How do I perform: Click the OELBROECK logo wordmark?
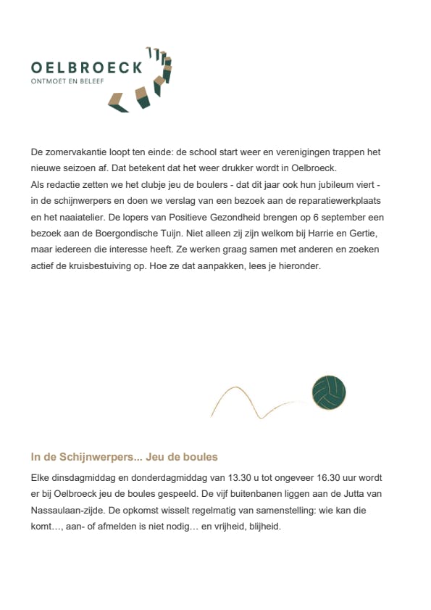click(x=87, y=67)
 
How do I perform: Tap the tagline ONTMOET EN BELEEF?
click(x=67, y=81)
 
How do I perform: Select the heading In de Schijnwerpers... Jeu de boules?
click(x=124, y=457)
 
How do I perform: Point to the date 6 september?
click(x=326, y=218)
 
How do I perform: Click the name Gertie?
click(x=353, y=234)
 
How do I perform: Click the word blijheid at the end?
click(x=264, y=527)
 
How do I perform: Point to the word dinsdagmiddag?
click(x=79, y=478)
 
